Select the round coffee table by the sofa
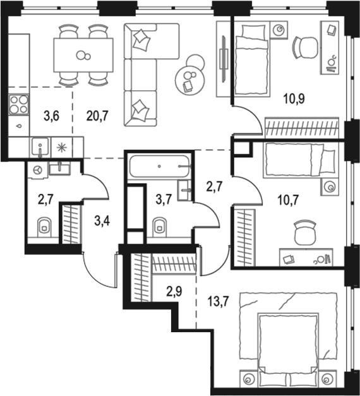click(x=189, y=78)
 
